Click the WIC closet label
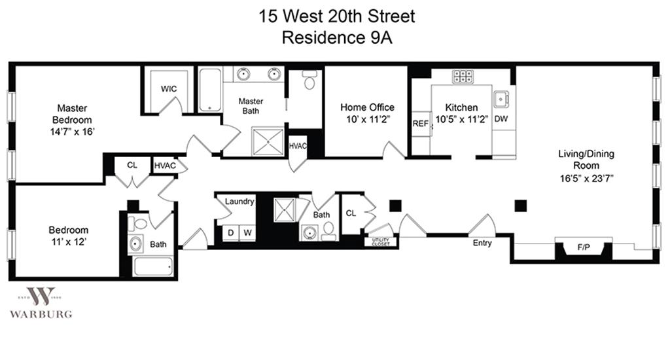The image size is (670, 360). [169, 89]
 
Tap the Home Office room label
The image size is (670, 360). [367, 107]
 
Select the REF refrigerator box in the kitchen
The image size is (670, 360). [419, 124]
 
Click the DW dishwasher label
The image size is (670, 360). [501, 118]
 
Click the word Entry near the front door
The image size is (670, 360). [482, 243]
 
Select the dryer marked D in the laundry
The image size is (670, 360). [230, 232]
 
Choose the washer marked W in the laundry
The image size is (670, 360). [247, 232]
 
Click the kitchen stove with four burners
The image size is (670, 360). [463, 77]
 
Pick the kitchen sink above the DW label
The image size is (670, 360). [502, 99]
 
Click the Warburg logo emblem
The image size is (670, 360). [41, 296]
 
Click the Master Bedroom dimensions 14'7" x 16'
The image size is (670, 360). [72, 132]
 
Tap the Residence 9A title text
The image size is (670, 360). [336, 37]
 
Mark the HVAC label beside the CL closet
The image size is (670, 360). [166, 166]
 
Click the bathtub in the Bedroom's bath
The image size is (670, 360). [152, 266]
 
